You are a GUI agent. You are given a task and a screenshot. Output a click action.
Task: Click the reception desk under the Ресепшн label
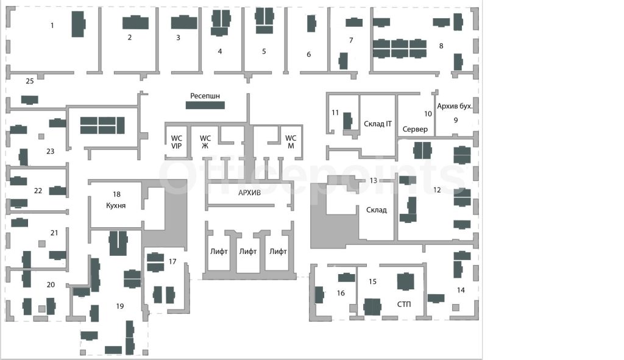pos(205,105)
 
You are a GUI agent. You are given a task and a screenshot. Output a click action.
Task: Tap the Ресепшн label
pos(205,96)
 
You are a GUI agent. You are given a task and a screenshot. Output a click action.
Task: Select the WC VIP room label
pos(176,142)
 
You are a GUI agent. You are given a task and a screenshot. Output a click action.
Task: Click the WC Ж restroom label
pos(205,142)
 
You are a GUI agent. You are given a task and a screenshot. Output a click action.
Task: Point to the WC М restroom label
pos(291,142)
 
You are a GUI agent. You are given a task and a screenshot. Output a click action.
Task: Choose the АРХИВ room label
pos(249,193)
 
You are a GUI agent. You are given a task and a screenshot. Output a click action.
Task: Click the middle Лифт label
pos(248,252)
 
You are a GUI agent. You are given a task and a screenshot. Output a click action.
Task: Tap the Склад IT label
pos(378,124)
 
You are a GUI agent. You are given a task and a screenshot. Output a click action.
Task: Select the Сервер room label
pos(415,129)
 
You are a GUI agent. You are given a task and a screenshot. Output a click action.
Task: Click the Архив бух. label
pos(455,106)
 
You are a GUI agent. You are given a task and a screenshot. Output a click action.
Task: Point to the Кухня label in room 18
pos(116,206)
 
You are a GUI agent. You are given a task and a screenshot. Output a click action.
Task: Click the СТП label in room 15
pos(404,305)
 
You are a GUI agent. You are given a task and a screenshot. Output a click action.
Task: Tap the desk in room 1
pos(78,24)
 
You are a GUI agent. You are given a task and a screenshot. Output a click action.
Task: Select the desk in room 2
pos(135,23)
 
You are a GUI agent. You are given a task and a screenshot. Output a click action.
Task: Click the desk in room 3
pos(184,23)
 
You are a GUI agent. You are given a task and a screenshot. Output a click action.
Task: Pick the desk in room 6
pos(311,24)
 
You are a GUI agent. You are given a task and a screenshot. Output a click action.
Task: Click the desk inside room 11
pos(348,121)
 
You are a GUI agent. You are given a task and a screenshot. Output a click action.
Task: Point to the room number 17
pos(172,262)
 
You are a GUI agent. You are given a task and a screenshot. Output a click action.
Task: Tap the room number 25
pos(30,81)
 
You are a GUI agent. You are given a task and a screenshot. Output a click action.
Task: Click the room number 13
pos(374,180)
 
